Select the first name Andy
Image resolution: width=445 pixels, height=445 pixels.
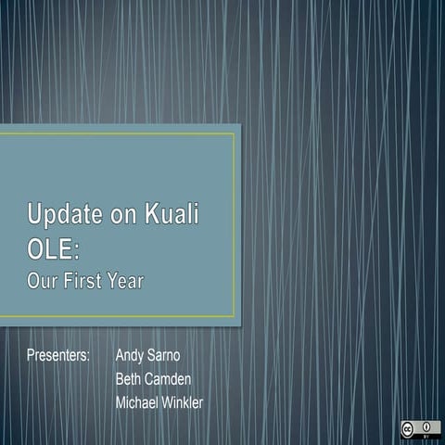[131, 356]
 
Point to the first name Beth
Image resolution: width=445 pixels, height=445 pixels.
[130, 379]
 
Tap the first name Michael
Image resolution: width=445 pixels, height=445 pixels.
[136, 402]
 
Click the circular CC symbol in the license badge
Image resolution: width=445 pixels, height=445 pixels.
[408, 428]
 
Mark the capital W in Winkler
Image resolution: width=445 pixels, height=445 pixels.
[168, 402]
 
